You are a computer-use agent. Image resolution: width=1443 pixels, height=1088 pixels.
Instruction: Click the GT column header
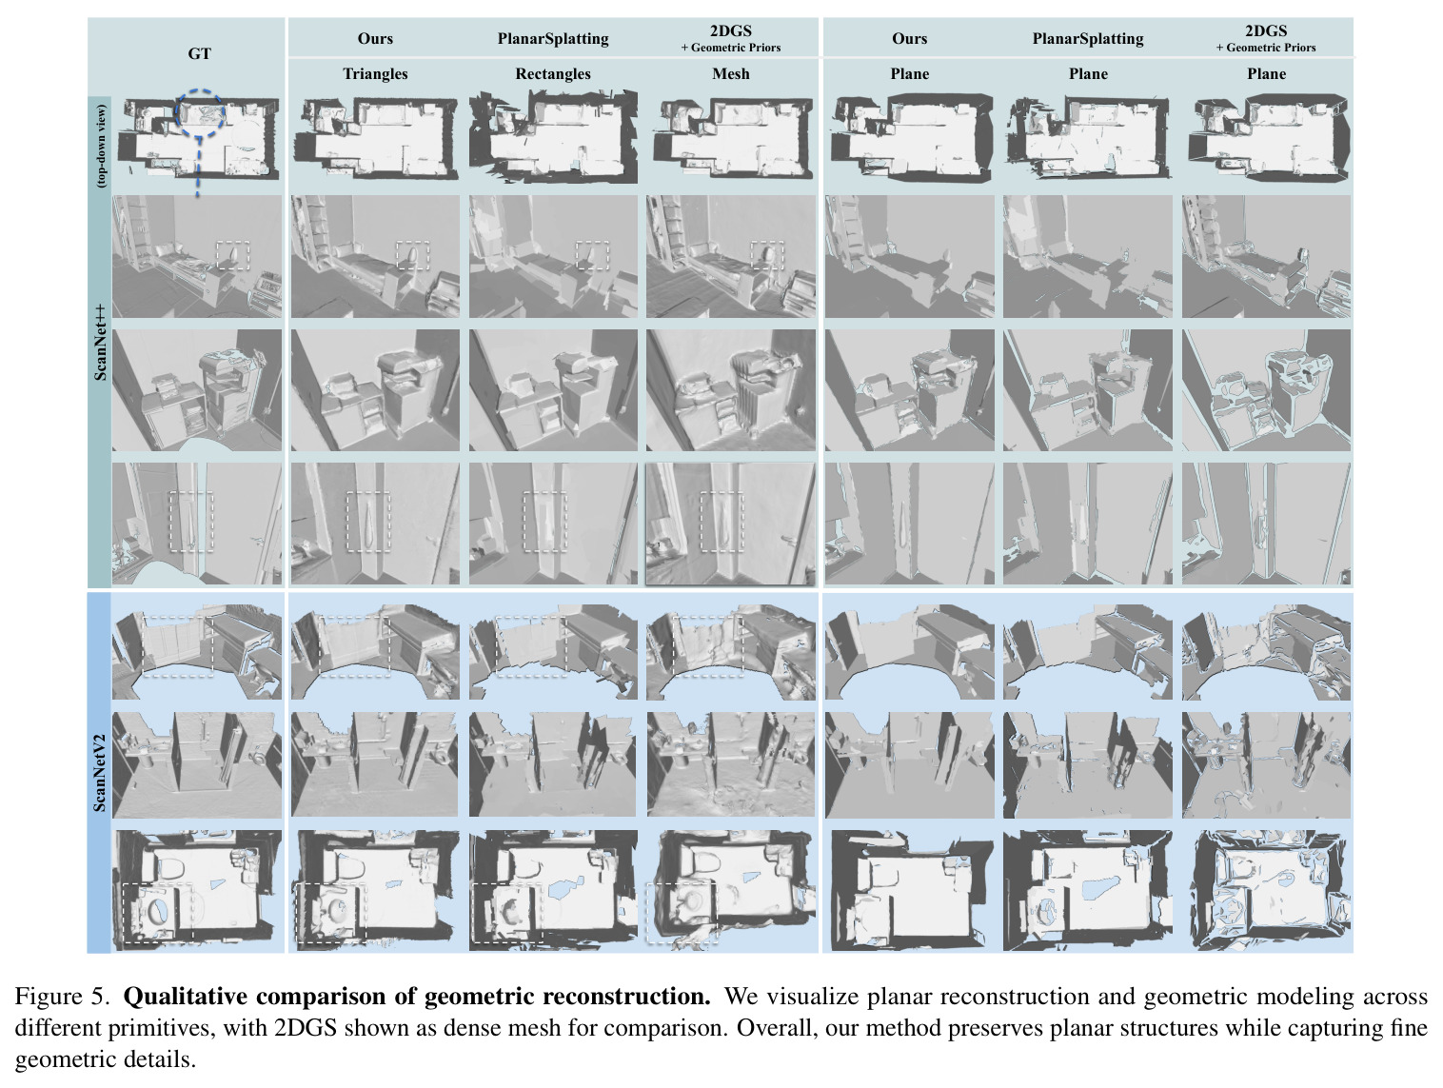pos(199,54)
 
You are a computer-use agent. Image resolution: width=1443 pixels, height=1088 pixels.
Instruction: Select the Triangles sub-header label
pos(375,73)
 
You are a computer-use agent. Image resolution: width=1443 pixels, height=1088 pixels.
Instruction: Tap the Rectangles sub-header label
pos(553,73)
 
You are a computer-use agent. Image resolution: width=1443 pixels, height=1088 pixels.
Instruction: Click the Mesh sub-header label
pos(730,73)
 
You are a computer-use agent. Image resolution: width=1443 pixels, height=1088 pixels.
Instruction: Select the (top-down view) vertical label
pos(101,146)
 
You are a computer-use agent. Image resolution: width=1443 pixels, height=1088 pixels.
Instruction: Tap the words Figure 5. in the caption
pos(62,996)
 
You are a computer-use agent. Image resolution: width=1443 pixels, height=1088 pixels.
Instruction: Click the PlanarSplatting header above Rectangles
pos(553,39)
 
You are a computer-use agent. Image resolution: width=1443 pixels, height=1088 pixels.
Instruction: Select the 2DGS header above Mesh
pos(730,30)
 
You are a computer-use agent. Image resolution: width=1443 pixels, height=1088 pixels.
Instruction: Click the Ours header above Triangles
pos(375,38)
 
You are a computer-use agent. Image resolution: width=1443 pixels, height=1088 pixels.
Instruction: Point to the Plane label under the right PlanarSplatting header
pos(1088,73)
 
